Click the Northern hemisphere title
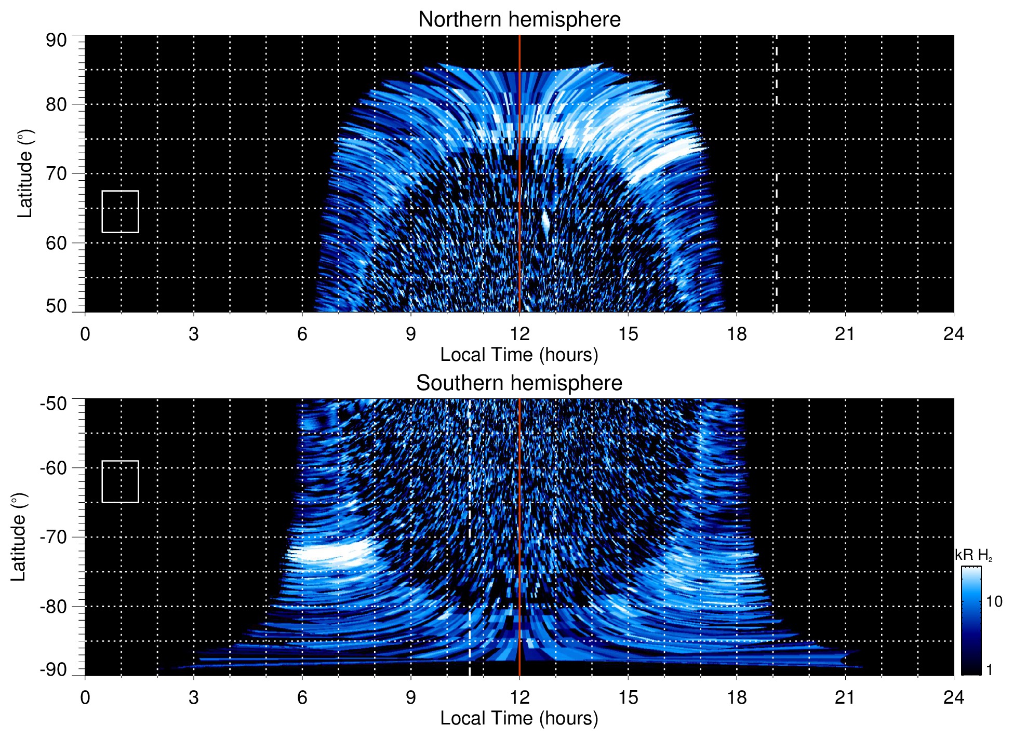(519, 20)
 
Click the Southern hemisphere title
(519, 383)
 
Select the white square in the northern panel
(120, 211)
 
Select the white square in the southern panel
(120, 481)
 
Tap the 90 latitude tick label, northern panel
(56, 41)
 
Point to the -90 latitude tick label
(54, 670)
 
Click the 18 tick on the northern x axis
(737, 334)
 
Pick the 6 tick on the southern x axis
(302, 697)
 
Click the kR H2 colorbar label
(974, 555)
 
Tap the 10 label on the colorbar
(994, 601)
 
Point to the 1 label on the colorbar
(989, 670)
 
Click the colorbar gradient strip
(971, 621)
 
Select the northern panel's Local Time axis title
(519, 355)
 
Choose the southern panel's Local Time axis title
(519, 718)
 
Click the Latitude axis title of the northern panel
(25, 173)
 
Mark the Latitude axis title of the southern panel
(19, 537)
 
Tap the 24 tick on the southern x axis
(954, 697)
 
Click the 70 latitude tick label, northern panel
(56, 173)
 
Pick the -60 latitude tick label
(54, 468)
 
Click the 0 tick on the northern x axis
(85, 334)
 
